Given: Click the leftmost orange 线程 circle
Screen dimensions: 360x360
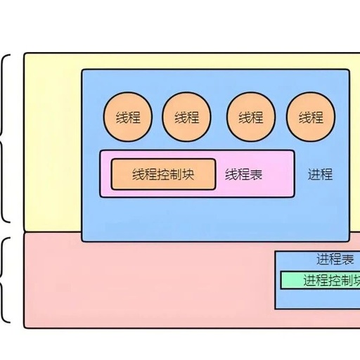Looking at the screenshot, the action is point(128,117).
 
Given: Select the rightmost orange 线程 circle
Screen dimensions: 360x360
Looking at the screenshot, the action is point(311,117).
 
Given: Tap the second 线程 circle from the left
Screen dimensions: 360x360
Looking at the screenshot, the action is point(186,117).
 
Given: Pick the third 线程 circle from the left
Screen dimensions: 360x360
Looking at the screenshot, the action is point(251,117).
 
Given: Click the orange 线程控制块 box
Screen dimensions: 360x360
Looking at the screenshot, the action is point(163,174).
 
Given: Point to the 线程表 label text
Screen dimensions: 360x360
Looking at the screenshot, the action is point(243,174).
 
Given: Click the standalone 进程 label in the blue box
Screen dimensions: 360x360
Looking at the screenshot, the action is point(320,174).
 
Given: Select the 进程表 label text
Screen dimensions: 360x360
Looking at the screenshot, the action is point(335,259).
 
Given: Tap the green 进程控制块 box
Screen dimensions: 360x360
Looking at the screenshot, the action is point(320,281).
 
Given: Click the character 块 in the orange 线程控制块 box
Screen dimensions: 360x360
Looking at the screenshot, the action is point(188,174).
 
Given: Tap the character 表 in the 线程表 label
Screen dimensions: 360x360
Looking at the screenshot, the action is point(256,174).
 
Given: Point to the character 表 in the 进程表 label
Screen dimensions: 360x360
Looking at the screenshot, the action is point(348,259).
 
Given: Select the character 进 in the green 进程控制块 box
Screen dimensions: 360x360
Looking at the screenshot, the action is point(310,281).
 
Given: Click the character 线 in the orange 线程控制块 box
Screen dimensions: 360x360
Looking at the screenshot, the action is point(139,174).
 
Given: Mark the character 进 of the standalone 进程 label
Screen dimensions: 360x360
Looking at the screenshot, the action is point(314,174).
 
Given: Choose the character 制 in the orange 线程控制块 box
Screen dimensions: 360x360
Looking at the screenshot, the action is point(176,174).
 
